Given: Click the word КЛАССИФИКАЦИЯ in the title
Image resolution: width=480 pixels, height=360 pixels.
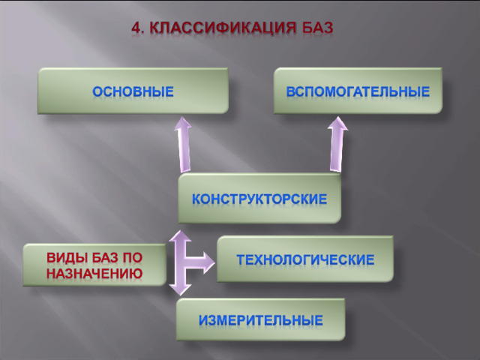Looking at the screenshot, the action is coord(223,28).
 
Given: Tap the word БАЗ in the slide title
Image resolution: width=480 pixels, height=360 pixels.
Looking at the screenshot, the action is coord(317,28).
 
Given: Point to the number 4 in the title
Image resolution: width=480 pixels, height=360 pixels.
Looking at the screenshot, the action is coord(137,28).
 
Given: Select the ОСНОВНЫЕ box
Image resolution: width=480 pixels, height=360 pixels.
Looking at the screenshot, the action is coord(133,91).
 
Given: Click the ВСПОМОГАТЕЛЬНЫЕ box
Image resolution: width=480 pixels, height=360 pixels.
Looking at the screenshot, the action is coord(358,91).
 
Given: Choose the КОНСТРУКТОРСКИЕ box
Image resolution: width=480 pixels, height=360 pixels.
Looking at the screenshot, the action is coord(259,198).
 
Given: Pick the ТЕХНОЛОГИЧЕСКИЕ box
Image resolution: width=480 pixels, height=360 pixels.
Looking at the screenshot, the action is coord(305,259).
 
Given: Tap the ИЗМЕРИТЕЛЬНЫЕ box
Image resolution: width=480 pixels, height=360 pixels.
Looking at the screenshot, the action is coord(260,319).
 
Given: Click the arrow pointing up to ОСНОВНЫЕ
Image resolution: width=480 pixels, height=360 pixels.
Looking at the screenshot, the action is coord(184,145).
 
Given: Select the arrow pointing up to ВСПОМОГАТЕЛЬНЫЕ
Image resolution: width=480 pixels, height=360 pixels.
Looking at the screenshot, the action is coord(337,144).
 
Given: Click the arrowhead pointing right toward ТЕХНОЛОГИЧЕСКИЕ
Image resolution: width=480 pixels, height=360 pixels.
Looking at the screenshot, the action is coord(208,262).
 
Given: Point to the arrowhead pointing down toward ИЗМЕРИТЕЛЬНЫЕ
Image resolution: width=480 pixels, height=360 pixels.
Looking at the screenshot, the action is coord(180,289).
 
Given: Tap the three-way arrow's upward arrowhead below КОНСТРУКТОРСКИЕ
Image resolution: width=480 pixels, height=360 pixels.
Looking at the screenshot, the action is coord(180,236).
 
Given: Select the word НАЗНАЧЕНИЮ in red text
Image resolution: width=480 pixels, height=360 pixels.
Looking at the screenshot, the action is coord(94,273).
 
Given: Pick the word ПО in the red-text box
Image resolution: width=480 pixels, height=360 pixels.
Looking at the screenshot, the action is coord(133,258).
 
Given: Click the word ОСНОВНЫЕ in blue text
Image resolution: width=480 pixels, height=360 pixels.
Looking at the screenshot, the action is coord(133,91).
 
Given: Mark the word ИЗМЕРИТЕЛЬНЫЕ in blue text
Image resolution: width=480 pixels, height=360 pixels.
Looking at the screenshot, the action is coord(261,320).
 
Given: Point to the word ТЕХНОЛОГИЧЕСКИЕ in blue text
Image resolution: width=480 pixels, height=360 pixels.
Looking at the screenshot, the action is coord(305,259).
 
